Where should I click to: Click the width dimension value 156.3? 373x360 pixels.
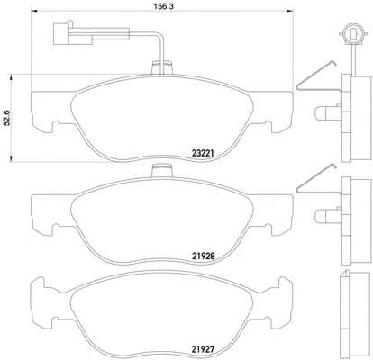pos(161,6)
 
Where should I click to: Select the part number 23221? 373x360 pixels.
pos(203,154)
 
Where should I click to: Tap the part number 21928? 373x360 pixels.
pos(203,256)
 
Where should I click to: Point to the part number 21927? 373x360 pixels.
pos(203,349)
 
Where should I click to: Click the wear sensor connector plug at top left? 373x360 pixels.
pos(72,33)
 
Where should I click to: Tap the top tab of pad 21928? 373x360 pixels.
pos(162,171)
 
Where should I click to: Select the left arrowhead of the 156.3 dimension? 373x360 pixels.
pos(34,11)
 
